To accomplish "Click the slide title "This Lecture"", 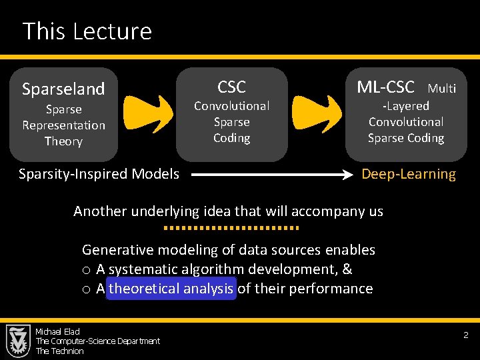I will (87, 31).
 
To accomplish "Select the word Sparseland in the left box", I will (63, 89).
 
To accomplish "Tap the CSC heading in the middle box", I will (231, 87).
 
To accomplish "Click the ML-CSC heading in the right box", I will (385, 87).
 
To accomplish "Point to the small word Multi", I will (442, 89).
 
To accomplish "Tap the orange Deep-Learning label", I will (409, 175).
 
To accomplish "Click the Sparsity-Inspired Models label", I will (99, 174).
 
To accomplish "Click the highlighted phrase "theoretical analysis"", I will (171, 289).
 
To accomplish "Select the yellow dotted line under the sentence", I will (231, 228).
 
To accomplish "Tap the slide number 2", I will (466, 336).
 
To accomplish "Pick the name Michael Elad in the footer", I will (57, 331).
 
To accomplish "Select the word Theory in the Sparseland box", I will (63, 141).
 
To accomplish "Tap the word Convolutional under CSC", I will (231, 106).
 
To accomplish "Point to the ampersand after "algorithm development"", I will (347, 269).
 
